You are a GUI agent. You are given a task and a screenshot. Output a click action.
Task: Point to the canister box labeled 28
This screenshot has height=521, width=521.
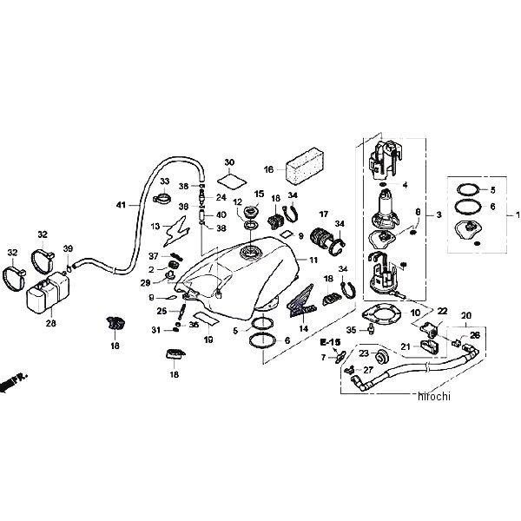pos(48,296)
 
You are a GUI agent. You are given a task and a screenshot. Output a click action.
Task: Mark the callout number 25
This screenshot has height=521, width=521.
pos(162,310)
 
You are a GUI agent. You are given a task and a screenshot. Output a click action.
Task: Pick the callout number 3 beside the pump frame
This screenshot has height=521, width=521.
pos(439,214)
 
